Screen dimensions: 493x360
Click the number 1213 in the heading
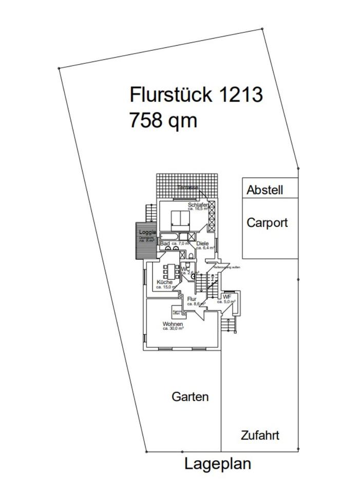(x=241, y=95)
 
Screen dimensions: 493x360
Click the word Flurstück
(x=172, y=95)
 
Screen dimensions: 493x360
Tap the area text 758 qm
(x=163, y=121)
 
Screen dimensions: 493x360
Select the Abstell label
(x=264, y=190)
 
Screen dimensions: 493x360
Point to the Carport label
(x=267, y=223)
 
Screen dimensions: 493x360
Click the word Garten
(x=190, y=397)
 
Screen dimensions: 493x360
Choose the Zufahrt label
(x=260, y=435)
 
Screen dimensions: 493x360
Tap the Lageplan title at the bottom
(x=218, y=464)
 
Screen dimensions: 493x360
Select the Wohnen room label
(x=173, y=325)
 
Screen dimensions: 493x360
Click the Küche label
(x=165, y=282)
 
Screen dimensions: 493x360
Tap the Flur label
(x=192, y=299)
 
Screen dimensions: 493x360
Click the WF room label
(x=226, y=297)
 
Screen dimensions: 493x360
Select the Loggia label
(x=147, y=232)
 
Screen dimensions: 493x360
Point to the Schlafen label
(x=197, y=205)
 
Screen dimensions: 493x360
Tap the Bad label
(x=165, y=243)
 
